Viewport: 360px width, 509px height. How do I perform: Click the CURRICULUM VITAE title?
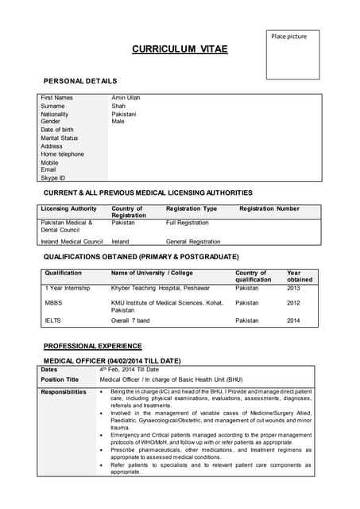pyautogui.click(x=180, y=49)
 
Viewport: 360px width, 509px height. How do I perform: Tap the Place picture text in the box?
pyautogui.click(x=288, y=37)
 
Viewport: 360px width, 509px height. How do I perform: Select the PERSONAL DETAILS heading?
pyautogui.click(x=80, y=81)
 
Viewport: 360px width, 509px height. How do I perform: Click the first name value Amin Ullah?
pyautogui.click(x=126, y=98)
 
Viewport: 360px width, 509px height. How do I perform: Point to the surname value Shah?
pyautogui.click(x=118, y=106)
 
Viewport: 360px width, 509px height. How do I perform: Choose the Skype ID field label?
pyautogui.click(x=53, y=178)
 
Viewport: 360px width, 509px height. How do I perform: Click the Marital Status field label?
pyautogui.click(x=60, y=138)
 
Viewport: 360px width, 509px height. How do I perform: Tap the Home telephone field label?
pyautogui.click(x=62, y=154)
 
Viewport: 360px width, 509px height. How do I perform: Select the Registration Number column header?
pyautogui.click(x=269, y=208)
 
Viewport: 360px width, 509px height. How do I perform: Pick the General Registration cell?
pyautogui.click(x=193, y=241)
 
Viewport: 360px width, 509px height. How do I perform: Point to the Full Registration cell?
pyautogui.click(x=187, y=223)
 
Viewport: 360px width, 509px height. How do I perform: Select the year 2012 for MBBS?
pyautogui.click(x=293, y=303)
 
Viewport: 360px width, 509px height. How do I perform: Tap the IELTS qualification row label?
pyautogui.click(x=52, y=321)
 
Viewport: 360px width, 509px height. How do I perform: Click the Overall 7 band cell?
pyautogui.click(x=130, y=321)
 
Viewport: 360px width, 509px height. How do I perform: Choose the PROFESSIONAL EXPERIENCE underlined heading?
pyautogui.click(x=93, y=346)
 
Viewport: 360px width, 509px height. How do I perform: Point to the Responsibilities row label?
pyautogui.click(x=64, y=392)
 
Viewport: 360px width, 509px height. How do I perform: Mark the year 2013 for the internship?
pyautogui.click(x=293, y=288)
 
